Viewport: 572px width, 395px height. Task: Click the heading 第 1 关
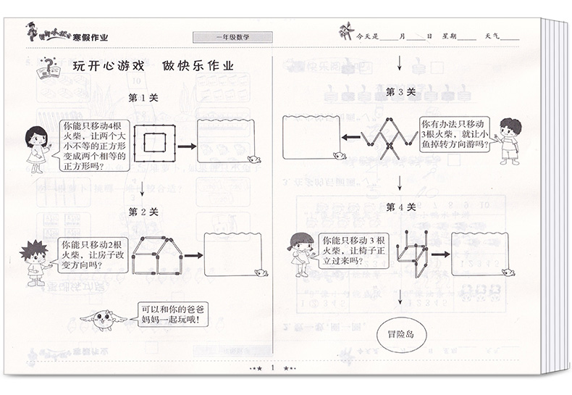(x=143, y=97)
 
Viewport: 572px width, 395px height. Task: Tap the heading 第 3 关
(x=400, y=92)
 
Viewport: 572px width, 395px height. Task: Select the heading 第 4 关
(x=400, y=207)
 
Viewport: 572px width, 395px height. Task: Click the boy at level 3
(x=511, y=139)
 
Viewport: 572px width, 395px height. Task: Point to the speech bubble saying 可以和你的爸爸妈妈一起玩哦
(x=169, y=314)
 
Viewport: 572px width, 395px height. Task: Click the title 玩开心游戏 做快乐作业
(x=153, y=67)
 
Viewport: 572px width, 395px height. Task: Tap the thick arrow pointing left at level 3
(x=353, y=139)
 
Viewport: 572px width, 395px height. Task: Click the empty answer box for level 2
(x=231, y=254)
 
